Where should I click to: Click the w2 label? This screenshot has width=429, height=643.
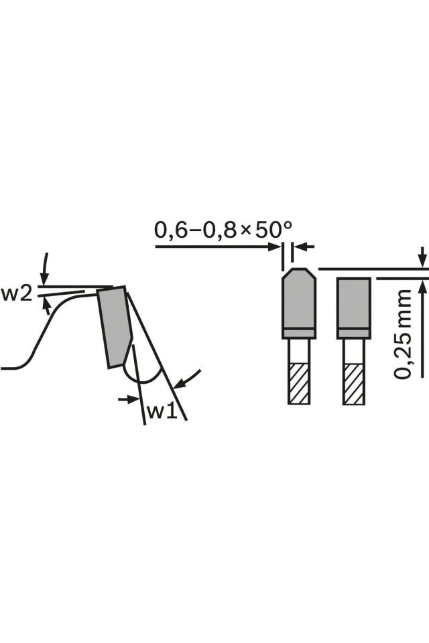16,294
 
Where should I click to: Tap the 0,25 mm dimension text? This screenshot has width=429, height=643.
402,334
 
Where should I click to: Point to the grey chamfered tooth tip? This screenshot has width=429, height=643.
298,303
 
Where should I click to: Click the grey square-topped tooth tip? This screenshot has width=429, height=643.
354,308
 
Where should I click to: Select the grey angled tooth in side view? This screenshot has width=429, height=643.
114,327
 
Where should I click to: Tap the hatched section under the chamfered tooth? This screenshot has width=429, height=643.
298,383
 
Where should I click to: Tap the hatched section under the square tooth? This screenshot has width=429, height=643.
354,383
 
